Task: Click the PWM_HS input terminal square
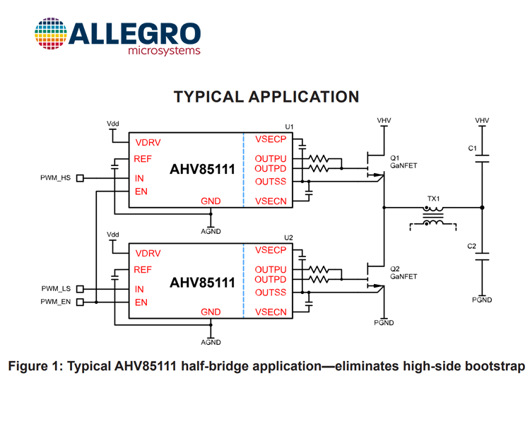pos(80,178)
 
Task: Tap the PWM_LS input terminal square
pos(80,289)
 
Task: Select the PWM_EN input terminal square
pos(80,302)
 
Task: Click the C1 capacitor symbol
pos(482,158)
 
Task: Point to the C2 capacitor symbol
pos(482,257)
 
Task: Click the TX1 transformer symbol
pos(433,216)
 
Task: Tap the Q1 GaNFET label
pos(404,162)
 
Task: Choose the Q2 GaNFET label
pos(404,273)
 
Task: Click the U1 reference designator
pos(289,126)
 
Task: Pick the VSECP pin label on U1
pos(271,139)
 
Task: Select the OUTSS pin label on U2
pos(271,293)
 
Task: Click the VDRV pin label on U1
pos(148,143)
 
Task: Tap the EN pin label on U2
pos(141,302)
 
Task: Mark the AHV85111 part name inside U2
pos(202,283)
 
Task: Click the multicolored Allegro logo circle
pos(51,33)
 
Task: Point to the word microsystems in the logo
pos(164,51)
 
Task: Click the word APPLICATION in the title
pos(304,97)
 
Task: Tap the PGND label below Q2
pos(384,323)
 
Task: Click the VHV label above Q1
pos(384,121)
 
